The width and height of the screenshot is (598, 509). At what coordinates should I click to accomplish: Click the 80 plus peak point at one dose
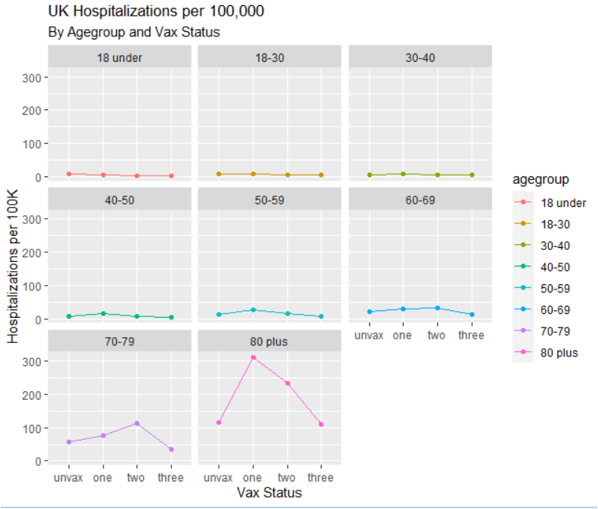[x=253, y=358]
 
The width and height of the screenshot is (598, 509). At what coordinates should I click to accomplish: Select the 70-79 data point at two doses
[x=137, y=423]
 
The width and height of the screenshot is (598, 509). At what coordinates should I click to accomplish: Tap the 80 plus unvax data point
[x=219, y=423]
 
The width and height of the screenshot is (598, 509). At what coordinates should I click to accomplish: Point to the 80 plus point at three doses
[x=321, y=424]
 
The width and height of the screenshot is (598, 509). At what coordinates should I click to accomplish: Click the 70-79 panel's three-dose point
[x=171, y=449]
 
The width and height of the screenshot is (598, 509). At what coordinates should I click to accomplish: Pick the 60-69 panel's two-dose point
[x=437, y=308]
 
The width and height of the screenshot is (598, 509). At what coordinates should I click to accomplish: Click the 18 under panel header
[x=119, y=57]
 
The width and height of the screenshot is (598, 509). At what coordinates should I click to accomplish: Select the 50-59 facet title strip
[x=270, y=199]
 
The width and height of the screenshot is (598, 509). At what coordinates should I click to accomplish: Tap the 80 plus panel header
[x=270, y=342]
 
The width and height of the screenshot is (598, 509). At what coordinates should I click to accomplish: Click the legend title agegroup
[x=541, y=179]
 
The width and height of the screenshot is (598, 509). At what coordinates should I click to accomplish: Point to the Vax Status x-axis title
[x=270, y=493]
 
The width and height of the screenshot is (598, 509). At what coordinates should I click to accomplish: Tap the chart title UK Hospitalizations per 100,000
[x=156, y=12]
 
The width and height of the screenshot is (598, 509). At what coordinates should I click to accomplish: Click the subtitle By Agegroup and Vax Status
[x=133, y=33]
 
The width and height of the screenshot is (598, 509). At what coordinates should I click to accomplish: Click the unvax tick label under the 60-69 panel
[x=369, y=336]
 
